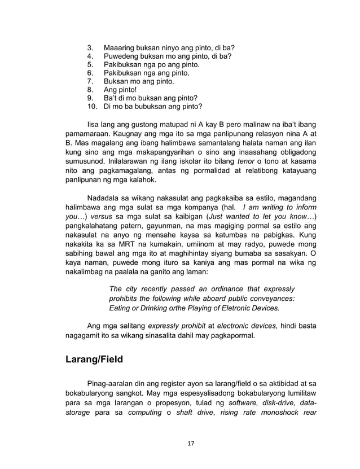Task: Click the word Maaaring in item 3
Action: point(121,47)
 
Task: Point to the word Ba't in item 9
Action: point(112,98)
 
